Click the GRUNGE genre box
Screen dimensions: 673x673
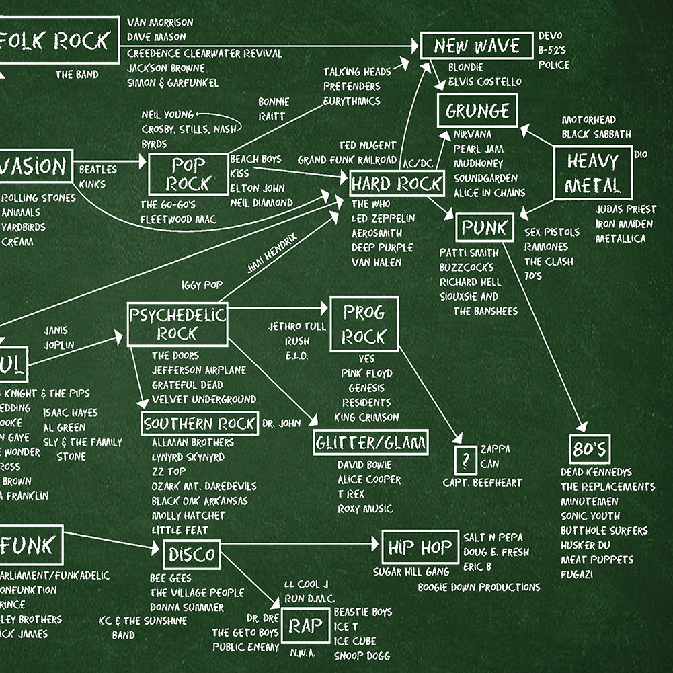click(x=478, y=110)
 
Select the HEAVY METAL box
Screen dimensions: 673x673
click(x=592, y=173)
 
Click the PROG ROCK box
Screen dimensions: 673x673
click(x=364, y=324)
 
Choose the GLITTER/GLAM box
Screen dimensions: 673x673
click(x=371, y=442)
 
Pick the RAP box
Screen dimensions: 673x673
click(x=306, y=626)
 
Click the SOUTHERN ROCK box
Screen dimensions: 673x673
click(x=200, y=424)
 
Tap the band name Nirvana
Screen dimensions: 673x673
click(x=472, y=134)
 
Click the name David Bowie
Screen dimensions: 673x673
click(x=364, y=465)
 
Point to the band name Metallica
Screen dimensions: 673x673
click(x=620, y=239)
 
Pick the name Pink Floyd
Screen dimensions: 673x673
click(x=366, y=373)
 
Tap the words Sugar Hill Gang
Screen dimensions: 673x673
click(x=411, y=572)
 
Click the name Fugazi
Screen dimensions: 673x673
click(x=577, y=575)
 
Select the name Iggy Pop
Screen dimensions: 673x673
click(x=201, y=285)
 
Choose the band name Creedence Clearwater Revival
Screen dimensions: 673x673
click(x=204, y=53)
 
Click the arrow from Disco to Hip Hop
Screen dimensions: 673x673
click(x=299, y=542)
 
